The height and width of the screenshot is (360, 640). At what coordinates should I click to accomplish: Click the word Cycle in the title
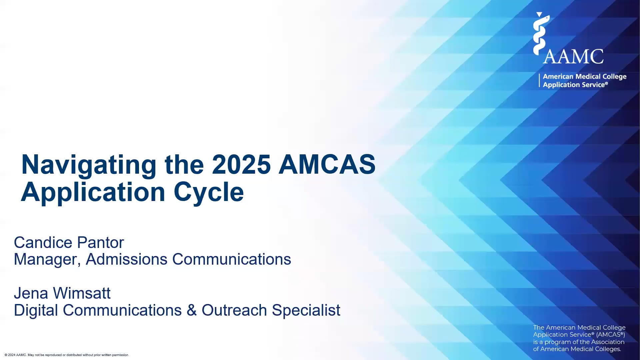click(209, 193)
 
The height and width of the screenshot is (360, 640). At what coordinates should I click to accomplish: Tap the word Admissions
click(126, 259)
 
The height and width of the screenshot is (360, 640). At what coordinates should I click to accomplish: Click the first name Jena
click(31, 293)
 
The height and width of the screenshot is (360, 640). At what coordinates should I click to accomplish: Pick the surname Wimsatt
click(82, 293)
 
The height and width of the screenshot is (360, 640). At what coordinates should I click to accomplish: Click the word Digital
click(36, 310)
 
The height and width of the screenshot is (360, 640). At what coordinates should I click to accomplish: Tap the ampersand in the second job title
click(192, 310)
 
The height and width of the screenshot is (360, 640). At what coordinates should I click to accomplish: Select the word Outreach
click(234, 310)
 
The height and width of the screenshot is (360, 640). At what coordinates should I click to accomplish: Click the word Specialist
click(306, 310)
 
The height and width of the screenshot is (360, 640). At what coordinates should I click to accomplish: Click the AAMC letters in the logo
click(573, 56)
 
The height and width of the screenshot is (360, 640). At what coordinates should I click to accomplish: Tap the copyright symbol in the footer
click(6, 355)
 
